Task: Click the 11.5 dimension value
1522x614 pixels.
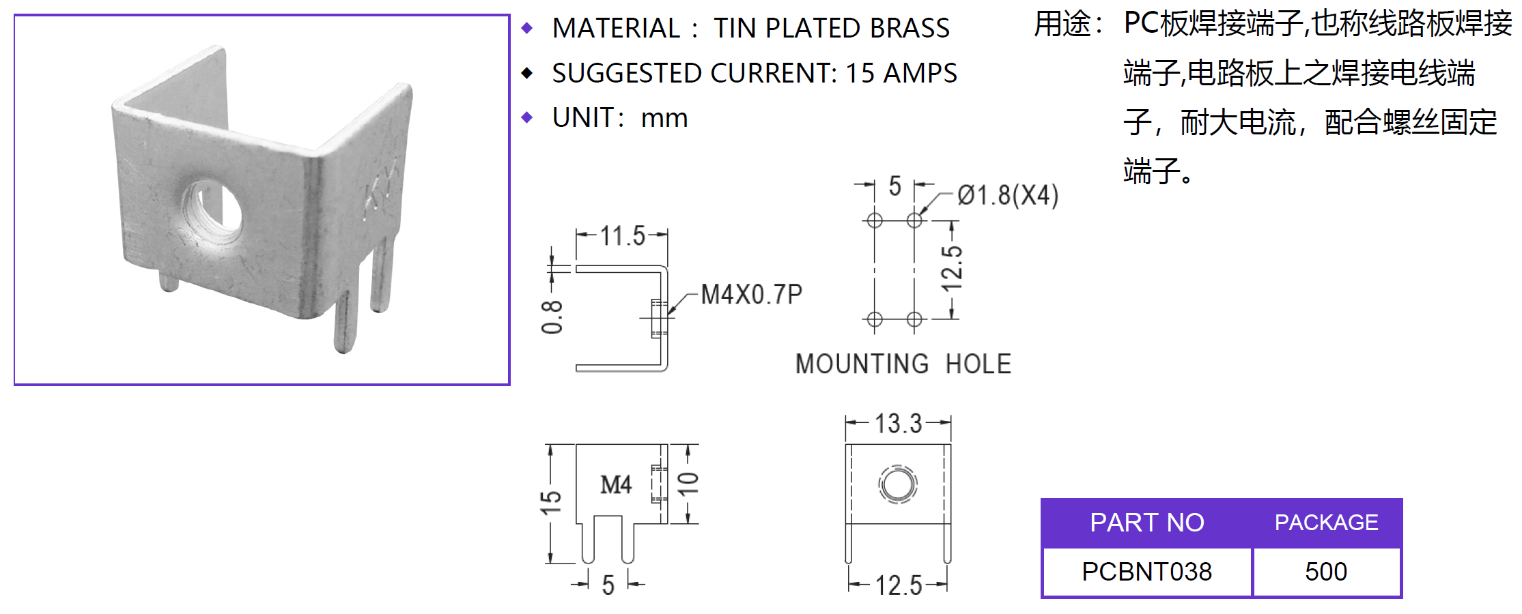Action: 622,236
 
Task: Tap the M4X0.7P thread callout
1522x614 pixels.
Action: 751,295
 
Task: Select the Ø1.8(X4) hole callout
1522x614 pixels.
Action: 1007,196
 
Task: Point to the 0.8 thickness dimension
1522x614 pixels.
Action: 552,317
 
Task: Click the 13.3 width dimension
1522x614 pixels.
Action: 898,424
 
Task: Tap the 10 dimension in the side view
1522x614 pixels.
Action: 688,483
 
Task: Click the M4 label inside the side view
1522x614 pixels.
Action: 616,485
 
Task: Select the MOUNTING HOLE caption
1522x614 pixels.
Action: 903,364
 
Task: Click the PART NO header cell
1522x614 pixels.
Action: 1146,523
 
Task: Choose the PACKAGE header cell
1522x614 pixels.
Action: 1326,523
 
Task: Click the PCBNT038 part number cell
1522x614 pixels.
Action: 1146,572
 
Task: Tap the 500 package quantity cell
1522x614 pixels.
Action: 1326,572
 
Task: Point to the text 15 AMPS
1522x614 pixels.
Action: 901,74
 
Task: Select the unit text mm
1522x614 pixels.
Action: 664,119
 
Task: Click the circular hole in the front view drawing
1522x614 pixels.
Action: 897,484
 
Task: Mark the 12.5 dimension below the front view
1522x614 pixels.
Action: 898,585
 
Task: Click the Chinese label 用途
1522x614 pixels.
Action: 1062,25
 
